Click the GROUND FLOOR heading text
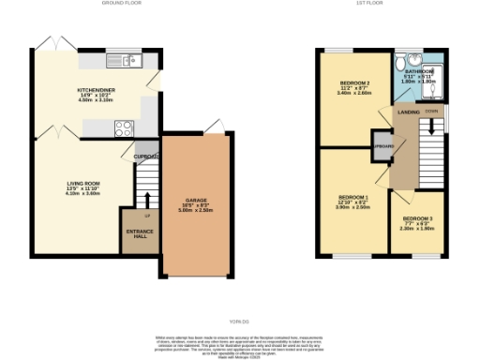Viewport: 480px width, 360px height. [x=118, y=4]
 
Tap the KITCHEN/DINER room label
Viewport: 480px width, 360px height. [x=97, y=91]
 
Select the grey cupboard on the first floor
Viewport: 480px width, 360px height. [x=382, y=147]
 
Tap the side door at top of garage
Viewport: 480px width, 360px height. [x=215, y=127]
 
